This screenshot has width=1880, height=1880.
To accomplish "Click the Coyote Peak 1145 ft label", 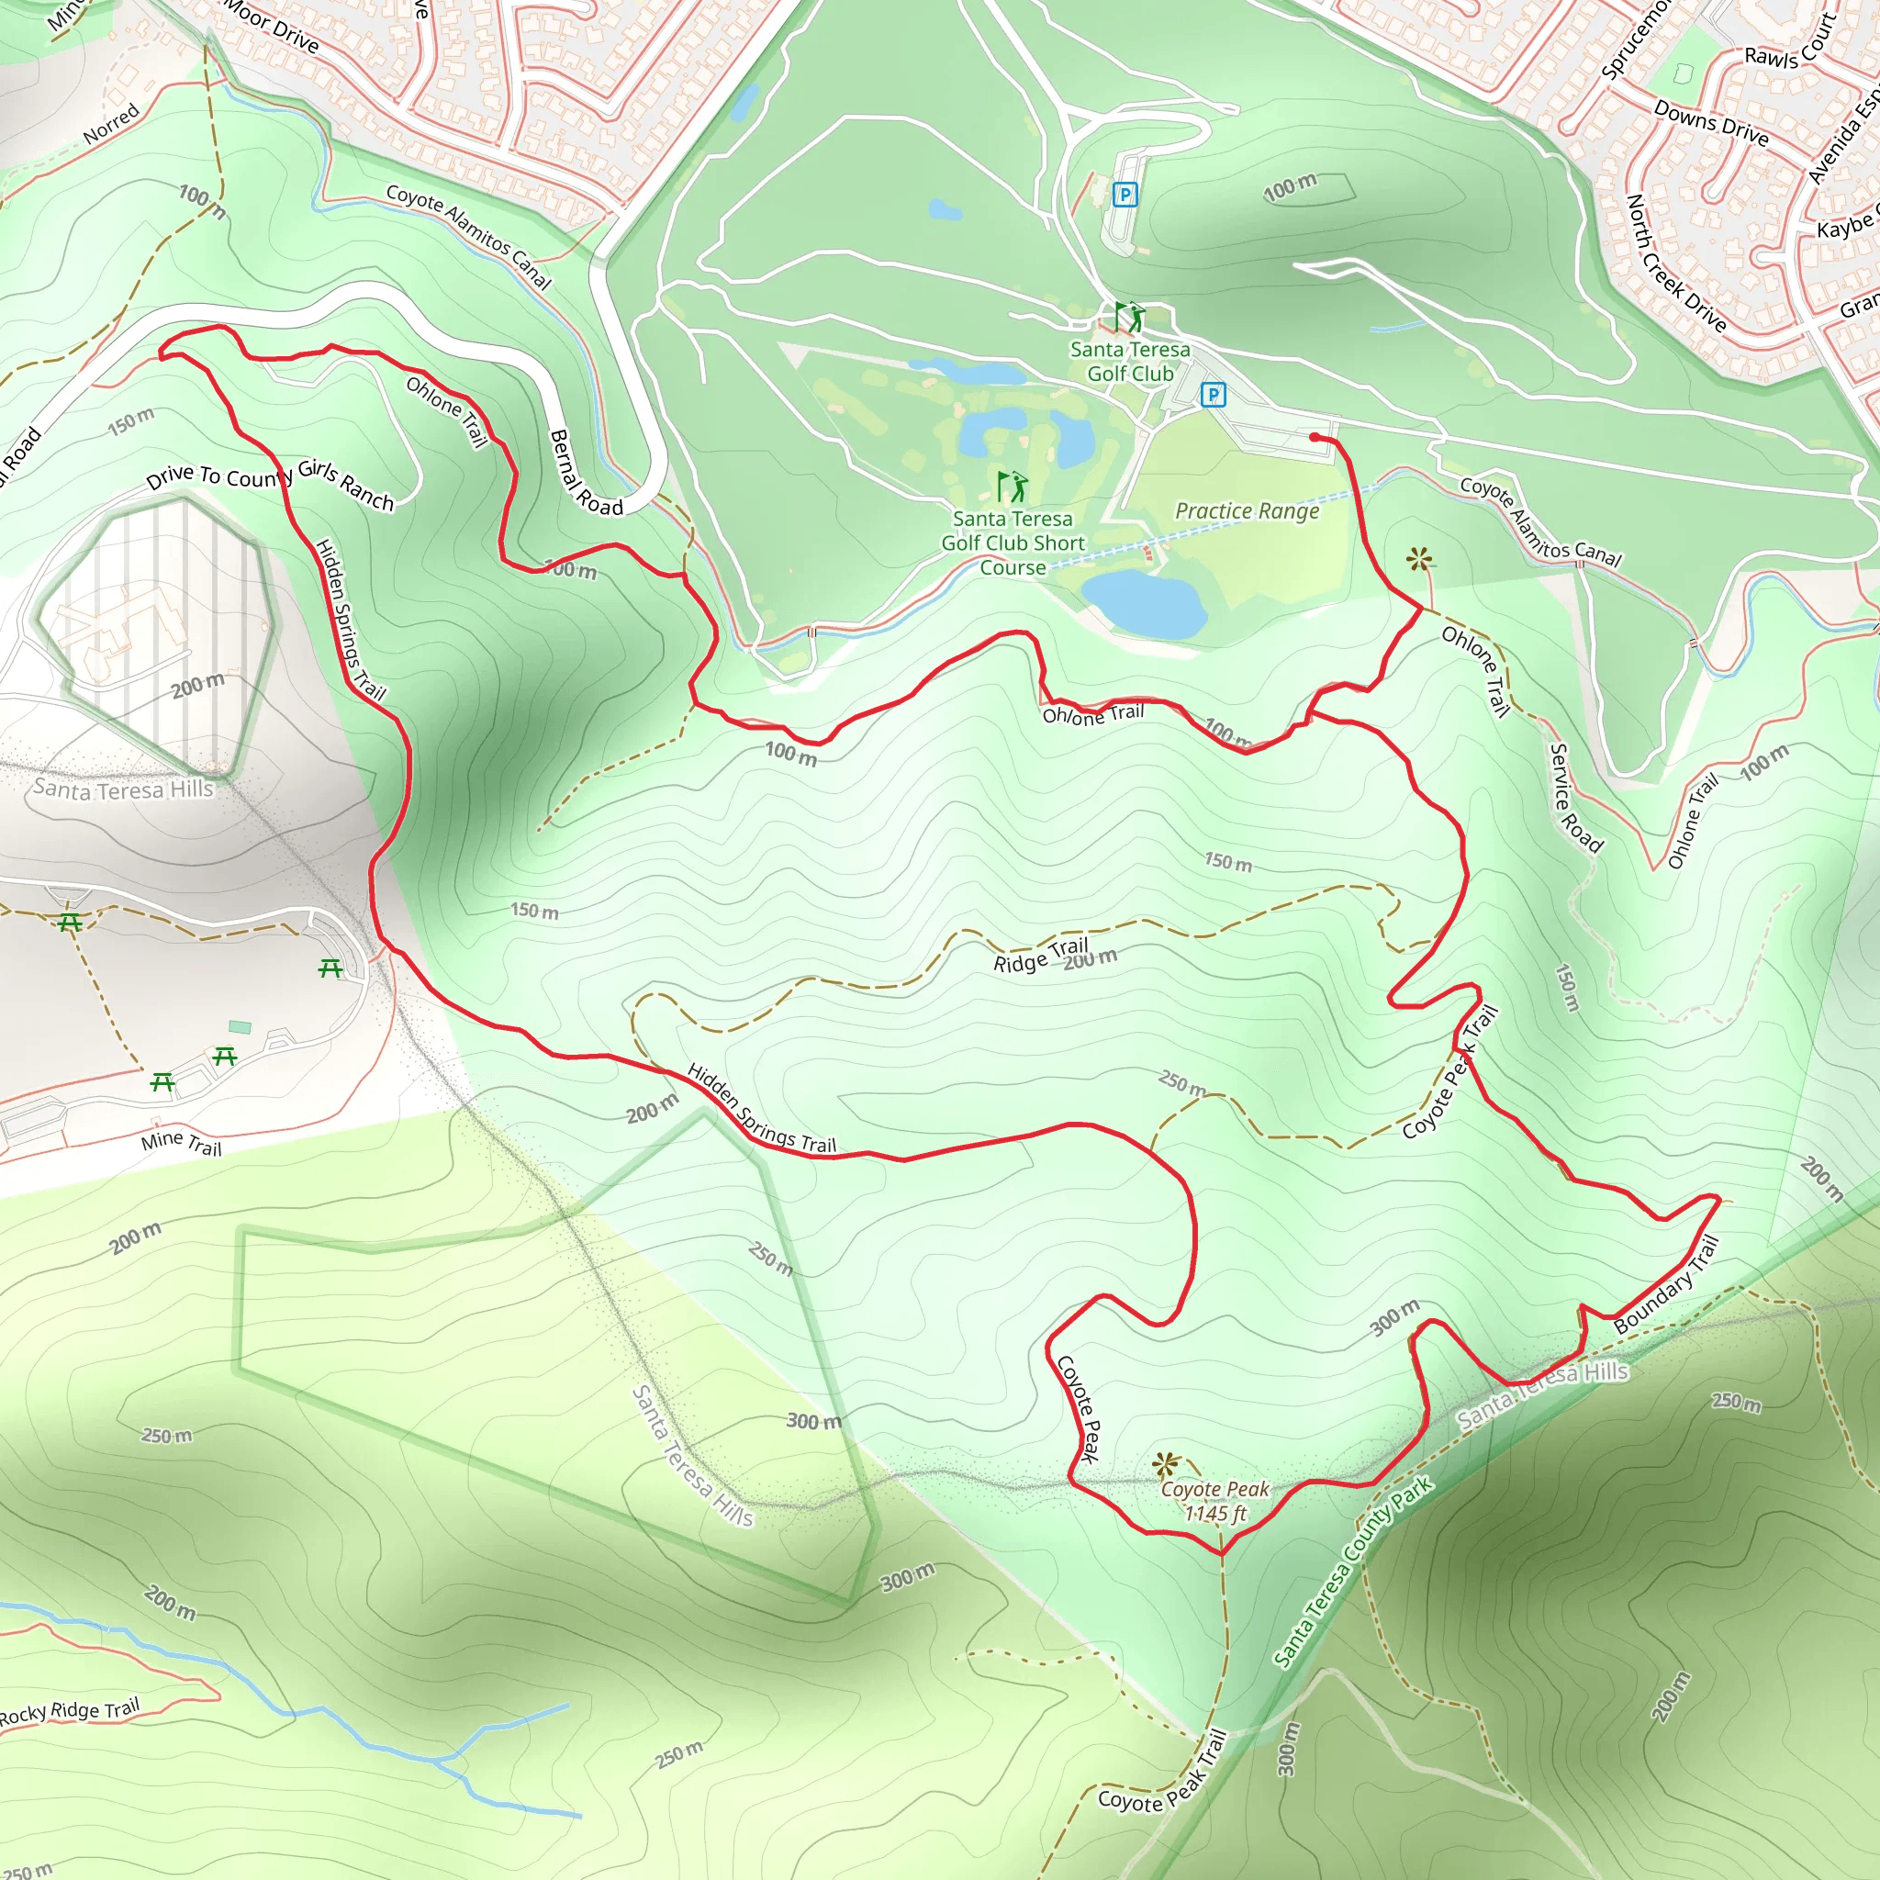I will [1215, 1501].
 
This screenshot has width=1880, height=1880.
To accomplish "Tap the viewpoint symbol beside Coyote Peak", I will [1165, 1464].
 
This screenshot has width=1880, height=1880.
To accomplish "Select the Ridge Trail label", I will [1040, 955].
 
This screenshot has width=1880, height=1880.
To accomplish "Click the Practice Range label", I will [1247, 511].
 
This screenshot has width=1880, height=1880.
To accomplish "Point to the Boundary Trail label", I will [1666, 1284].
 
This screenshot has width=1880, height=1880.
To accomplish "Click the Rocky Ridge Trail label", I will [70, 1712].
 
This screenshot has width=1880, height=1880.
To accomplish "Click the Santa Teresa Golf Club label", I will [1130, 361].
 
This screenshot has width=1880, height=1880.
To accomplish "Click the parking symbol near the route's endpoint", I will [1213, 394].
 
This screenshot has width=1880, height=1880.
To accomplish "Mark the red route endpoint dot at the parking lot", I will [1315, 438].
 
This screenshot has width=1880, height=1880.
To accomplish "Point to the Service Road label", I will [1573, 798].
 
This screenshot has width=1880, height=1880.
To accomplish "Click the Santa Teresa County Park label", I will [1352, 1572].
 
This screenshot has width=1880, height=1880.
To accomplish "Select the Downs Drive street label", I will [1711, 124].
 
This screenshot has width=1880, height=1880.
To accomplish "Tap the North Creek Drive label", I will [1675, 263].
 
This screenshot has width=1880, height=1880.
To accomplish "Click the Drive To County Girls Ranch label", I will [270, 484].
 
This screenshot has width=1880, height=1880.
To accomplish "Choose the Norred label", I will [112, 125].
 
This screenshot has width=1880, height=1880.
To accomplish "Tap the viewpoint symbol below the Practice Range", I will [1419, 558].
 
